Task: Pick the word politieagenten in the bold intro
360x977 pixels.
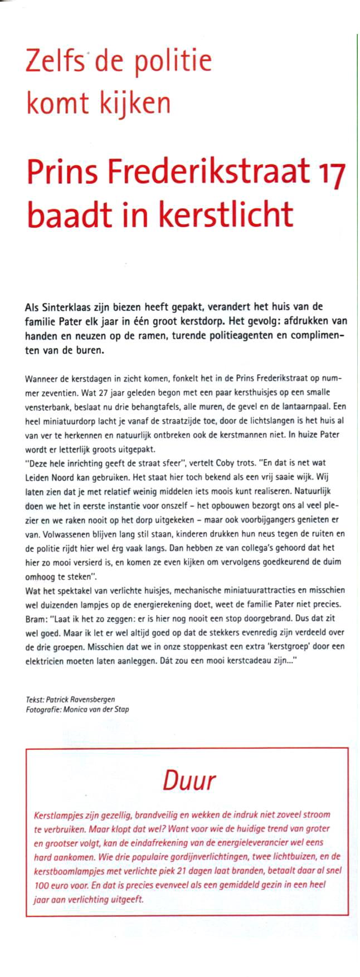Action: pyautogui.click(x=227, y=336)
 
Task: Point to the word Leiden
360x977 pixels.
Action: pyautogui.click(x=37, y=477)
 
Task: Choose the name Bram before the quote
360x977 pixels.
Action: pyautogui.click(x=35, y=618)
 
